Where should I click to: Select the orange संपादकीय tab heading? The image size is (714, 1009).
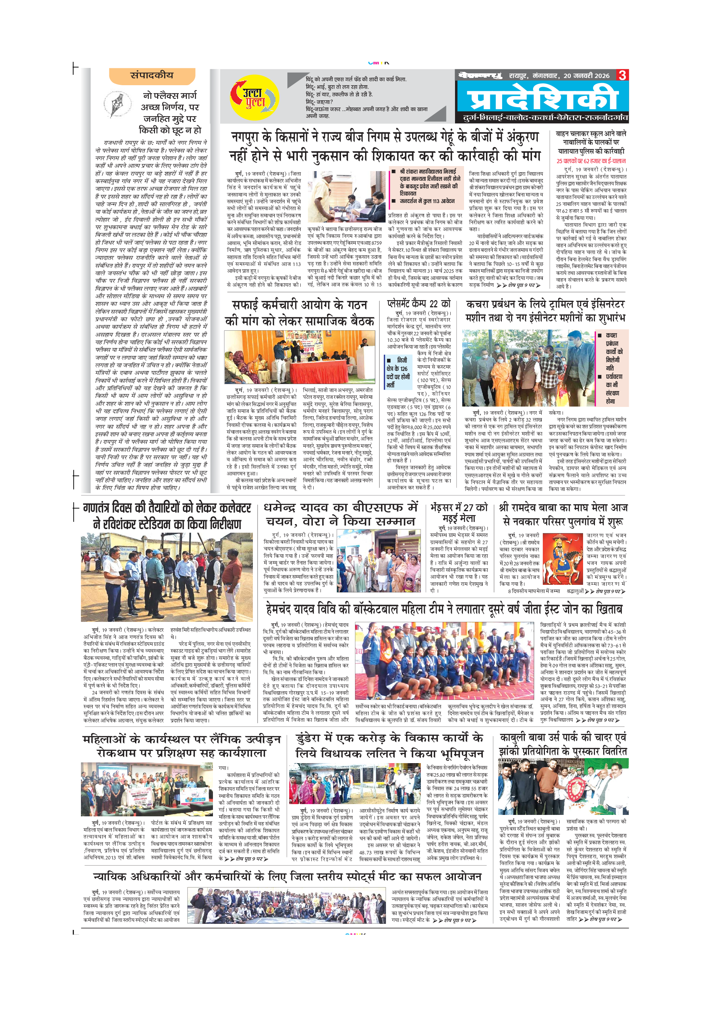(152, 75)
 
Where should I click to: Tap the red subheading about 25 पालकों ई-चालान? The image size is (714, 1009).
(591, 161)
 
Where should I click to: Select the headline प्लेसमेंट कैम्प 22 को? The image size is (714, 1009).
(419, 303)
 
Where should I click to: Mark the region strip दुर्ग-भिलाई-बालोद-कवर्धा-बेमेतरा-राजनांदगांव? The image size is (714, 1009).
(545, 118)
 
